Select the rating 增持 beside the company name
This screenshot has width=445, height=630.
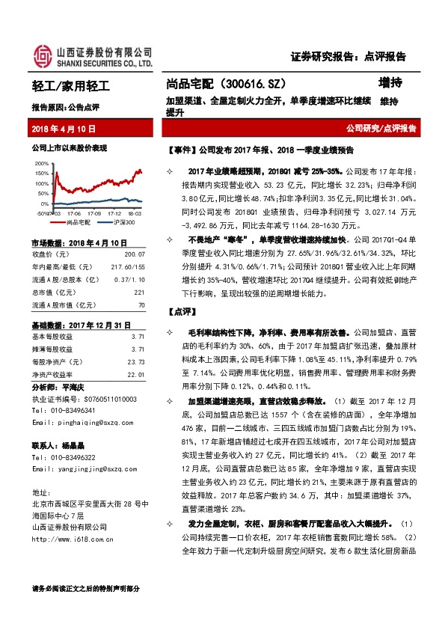pyautogui.click(x=390, y=84)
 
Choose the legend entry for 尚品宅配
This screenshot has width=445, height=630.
pyautogui.click(x=78, y=222)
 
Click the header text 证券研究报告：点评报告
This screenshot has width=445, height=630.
pyautogui.click(x=347, y=56)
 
